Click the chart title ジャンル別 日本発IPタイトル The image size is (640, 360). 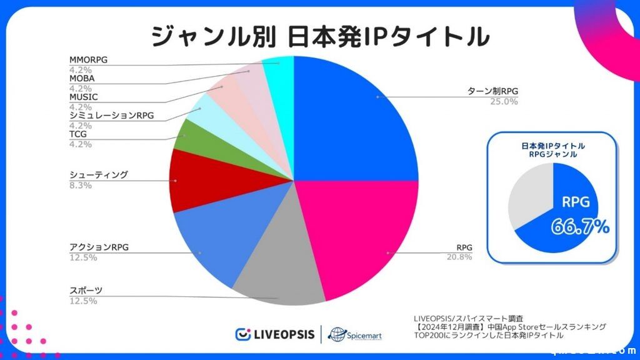click(x=319, y=36)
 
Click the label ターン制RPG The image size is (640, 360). click(x=493, y=91)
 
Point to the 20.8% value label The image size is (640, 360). click(x=459, y=257)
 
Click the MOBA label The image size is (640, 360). click(x=82, y=78)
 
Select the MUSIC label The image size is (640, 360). click(x=84, y=97)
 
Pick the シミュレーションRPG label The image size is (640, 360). click(x=111, y=116)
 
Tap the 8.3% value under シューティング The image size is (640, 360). click(x=80, y=185)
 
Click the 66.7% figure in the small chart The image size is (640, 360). click(x=580, y=226)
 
